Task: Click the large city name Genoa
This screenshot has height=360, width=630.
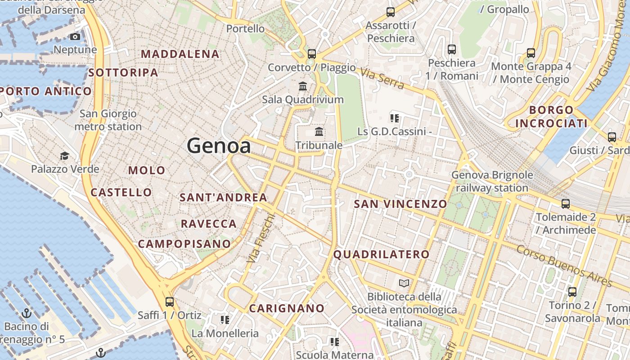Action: [x=219, y=146]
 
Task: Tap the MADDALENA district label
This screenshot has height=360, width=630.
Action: [x=180, y=54]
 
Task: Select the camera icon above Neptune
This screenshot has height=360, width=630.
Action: [x=75, y=37]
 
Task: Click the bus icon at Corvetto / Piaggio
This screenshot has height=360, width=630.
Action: [x=312, y=54]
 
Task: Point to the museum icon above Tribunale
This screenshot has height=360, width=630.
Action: [x=319, y=132]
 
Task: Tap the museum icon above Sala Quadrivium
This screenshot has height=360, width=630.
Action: [x=303, y=86]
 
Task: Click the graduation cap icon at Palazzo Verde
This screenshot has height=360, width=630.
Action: [x=65, y=156]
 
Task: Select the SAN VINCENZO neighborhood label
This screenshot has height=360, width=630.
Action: [x=400, y=204]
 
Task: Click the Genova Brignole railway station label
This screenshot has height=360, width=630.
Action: [x=492, y=181]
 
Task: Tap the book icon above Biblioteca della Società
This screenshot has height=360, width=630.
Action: [x=404, y=283]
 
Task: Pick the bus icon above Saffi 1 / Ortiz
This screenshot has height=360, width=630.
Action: [x=170, y=302]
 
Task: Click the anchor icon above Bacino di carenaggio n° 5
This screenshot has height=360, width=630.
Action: [x=27, y=313]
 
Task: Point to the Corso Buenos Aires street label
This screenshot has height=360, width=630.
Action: [x=564, y=265]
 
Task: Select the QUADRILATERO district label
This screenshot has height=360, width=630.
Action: [x=381, y=254]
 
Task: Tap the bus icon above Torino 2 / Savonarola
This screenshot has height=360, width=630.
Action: [x=572, y=292]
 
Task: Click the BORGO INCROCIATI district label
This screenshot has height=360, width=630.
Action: [x=551, y=117]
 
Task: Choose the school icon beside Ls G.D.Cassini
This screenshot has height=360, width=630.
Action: [x=395, y=118]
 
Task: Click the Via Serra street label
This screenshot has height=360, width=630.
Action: [x=382, y=79]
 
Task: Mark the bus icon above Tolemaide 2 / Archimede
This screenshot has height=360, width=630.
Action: [x=566, y=204]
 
